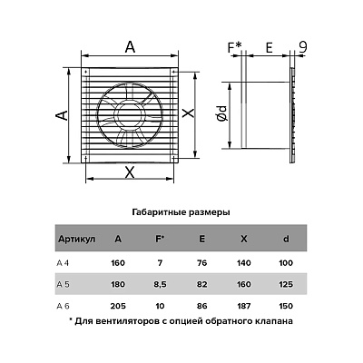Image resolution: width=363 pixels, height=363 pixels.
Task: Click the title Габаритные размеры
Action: [181, 212]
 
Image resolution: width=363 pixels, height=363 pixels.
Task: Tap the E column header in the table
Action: [202, 239]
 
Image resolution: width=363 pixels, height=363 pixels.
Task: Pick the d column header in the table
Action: [286, 239]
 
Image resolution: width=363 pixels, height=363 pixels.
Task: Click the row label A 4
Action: [63, 263]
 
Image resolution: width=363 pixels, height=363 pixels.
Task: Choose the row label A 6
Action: [63, 306]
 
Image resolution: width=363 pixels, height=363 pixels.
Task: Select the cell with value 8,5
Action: [160, 285]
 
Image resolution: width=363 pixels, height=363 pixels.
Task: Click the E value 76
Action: [202, 263]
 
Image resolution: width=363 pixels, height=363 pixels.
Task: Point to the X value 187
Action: [244, 306]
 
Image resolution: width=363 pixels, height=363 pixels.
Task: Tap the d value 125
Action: [286, 284]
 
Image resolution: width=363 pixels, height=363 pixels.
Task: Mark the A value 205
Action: [118, 306]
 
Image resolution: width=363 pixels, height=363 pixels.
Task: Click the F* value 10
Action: [160, 306]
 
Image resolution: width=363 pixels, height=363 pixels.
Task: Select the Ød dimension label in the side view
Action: [222, 114]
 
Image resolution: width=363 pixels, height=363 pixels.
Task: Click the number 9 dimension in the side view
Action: [303, 47]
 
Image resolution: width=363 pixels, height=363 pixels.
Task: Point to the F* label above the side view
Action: [235, 47]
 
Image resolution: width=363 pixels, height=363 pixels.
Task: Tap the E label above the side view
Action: [269, 48]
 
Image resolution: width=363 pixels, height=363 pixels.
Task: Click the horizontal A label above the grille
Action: [130, 47]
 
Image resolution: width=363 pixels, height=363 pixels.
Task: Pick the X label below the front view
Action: [130, 172]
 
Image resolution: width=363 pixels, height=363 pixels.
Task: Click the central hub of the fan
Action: [130, 115]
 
